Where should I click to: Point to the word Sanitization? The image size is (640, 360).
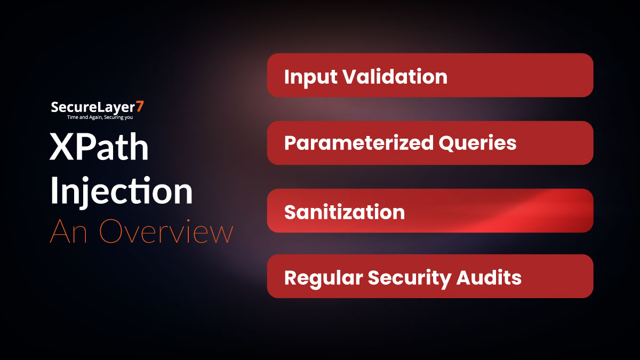click(x=345, y=212)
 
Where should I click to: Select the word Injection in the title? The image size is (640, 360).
click(x=121, y=192)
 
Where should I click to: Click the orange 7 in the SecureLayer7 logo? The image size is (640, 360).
click(x=140, y=107)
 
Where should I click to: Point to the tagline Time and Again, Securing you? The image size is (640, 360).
click(x=98, y=117)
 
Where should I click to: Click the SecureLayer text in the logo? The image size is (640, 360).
click(x=93, y=107)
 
